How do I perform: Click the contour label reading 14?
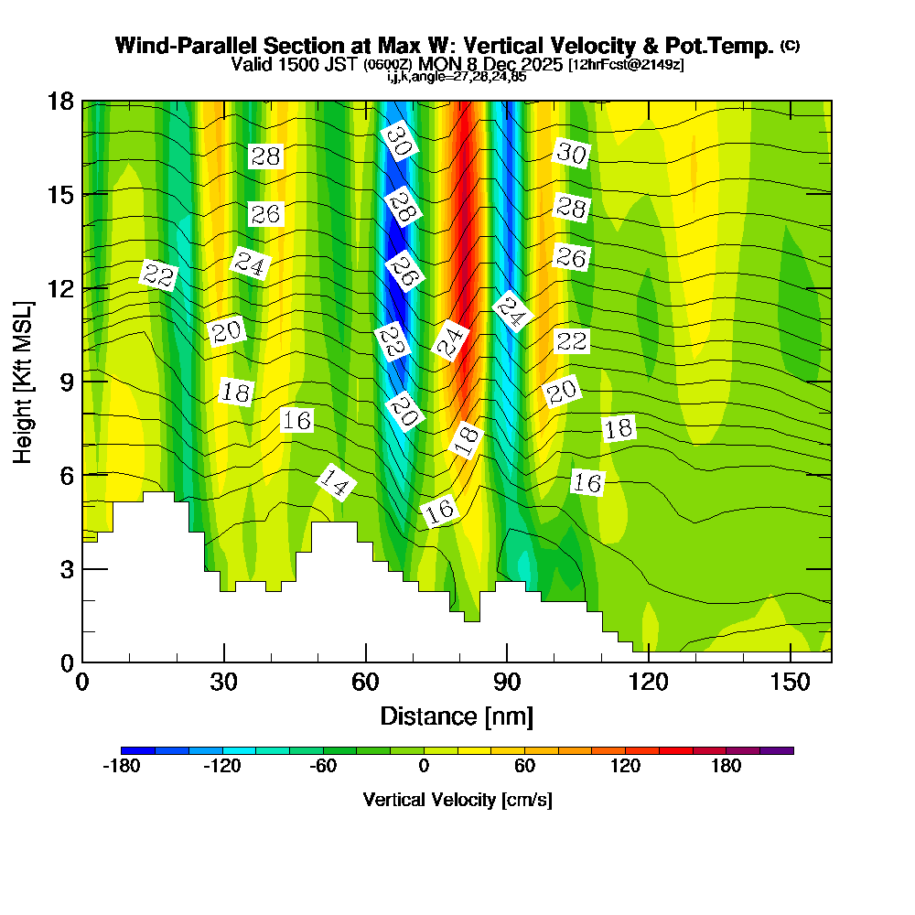pyautogui.click(x=336, y=483)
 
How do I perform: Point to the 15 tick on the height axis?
pyautogui.click(x=82, y=194)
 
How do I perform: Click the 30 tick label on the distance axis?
pyautogui.click(x=224, y=682)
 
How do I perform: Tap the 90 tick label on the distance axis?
pyautogui.click(x=507, y=682)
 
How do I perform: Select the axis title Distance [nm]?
pyautogui.click(x=457, y=716)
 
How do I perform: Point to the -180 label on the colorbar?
pyautogui.click(x=121, y=767)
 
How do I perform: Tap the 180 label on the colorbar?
pyautogui.click(x=726, y=767)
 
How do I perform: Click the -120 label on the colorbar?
pyautogui.click(x=221, y=767)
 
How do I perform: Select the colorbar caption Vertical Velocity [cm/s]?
pyautogui.click(x=457, y=800)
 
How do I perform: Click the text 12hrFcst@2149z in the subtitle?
pyautogui.click(x=626, y=65)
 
